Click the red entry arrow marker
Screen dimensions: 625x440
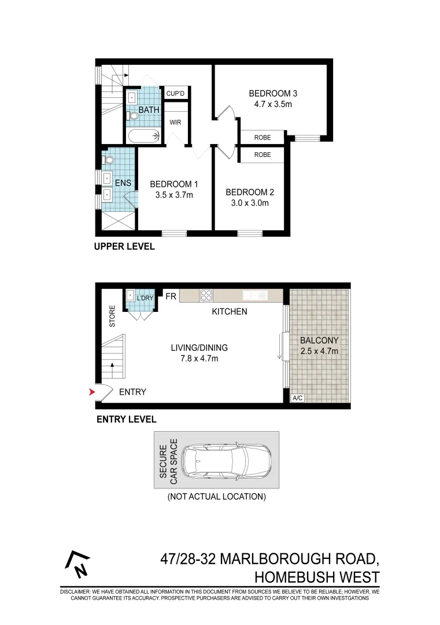point(90,393)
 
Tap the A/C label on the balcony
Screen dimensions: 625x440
point(298,398)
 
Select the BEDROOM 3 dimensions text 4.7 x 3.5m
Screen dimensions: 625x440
point(273,105)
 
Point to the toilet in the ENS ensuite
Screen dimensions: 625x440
point(108,159)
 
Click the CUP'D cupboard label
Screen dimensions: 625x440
point(175,93)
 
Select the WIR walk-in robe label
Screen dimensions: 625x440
point(175,123)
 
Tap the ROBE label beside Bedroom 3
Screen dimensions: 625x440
point(262,138)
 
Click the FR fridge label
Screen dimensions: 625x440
point(171,296)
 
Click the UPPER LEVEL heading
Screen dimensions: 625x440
point(124,247)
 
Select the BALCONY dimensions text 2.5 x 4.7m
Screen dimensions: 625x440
point(319,351)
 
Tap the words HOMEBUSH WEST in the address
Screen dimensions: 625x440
point(317,578)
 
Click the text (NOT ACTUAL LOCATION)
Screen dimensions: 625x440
point(216,497)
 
